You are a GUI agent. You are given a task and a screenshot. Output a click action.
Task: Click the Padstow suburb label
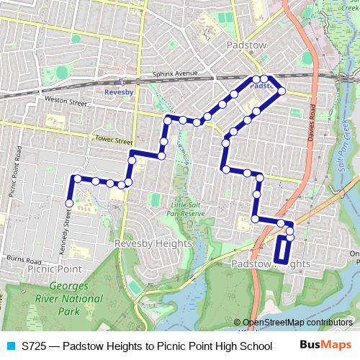(x=246, y=45)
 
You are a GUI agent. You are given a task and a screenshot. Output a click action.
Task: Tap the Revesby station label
(x=120, y=93)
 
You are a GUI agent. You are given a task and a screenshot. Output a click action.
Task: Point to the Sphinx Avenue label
(x=175, y=73)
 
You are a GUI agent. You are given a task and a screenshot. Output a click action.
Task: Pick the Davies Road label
(x=312, y=122)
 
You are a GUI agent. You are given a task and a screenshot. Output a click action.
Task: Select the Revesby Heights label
(x=153, y=243)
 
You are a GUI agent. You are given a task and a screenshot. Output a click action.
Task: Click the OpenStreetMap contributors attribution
(x=297, y=323)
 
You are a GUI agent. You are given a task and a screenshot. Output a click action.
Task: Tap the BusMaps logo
(x=325, y=345)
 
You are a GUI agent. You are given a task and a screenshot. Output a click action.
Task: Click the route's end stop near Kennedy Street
(x=70, y=204)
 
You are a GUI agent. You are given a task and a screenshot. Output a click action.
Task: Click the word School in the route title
(x=256, y=346)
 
